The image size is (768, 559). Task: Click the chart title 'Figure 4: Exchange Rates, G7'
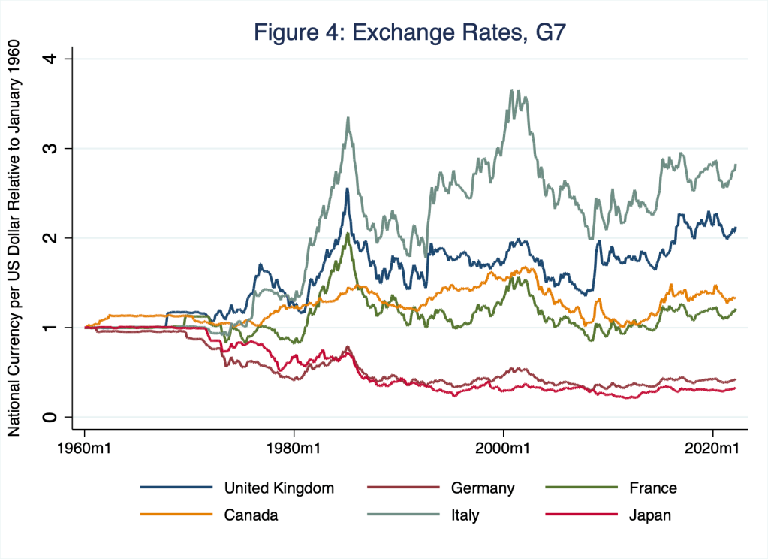click(414, 32)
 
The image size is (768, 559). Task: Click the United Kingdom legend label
click(279, 488)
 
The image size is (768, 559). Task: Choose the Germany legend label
click(483, 488)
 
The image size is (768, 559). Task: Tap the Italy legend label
click(465, 515)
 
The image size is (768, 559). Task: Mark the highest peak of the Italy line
click(511, 91)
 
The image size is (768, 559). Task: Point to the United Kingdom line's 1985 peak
click(347, 189)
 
